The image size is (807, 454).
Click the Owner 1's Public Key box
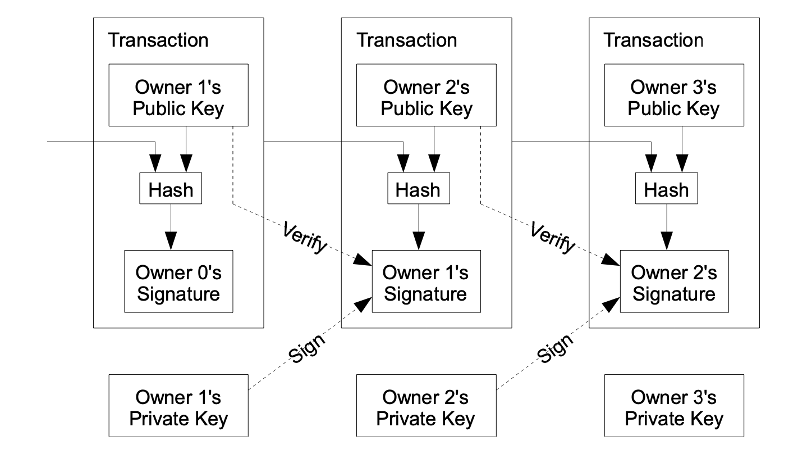click(x=178, y=95)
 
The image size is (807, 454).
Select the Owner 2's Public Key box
click(x=426, y=95)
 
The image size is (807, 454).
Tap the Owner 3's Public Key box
click(x=674, y=95)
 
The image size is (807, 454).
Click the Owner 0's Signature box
click(x=178, y=282)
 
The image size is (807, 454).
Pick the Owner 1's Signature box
click(x=426, y=282)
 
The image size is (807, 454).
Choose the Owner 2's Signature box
click(x=675, y=282)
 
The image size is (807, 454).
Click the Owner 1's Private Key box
click(x=178, y=405)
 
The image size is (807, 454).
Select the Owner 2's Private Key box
click(x=426, y=405)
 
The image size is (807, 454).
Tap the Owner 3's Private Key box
click(x=674, y=405)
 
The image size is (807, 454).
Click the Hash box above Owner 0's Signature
click(x=171, y=188)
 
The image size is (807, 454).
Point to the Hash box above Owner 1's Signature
click(x=419, y=188)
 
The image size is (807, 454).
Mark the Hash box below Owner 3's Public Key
click(x=667, y=188)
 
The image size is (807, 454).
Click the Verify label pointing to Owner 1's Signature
click(x=305, y=238)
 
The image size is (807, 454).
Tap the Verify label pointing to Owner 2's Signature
click(x=553, y=238)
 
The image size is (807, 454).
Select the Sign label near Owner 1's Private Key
click(x=307, y=348)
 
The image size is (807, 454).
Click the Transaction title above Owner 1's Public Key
click(x=158, y=40)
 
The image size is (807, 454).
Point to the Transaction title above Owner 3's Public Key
click(x=654, y=40)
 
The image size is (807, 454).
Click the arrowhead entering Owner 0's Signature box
click(x=171, y=241)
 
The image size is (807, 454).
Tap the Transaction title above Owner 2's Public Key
click(x=407, y=40)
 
